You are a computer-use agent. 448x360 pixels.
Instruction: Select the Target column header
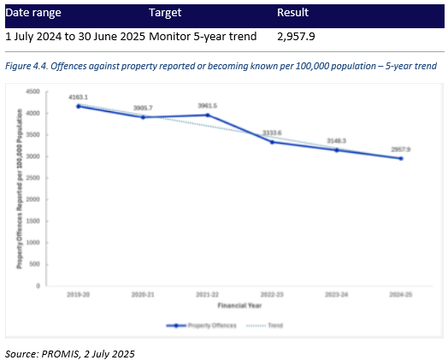166,14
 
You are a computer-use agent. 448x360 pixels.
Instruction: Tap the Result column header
292,14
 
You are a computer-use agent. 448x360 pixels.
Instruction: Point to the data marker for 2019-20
79,106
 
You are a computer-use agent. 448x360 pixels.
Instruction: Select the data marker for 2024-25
401,158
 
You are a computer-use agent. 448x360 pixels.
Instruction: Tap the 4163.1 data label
79,97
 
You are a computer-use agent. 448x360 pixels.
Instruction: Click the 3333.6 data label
272,133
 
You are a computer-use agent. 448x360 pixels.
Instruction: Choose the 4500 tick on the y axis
33,91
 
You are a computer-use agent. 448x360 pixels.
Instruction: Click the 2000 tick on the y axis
33,199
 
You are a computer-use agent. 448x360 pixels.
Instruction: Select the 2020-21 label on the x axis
143,294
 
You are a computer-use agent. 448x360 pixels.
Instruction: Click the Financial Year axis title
239,304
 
